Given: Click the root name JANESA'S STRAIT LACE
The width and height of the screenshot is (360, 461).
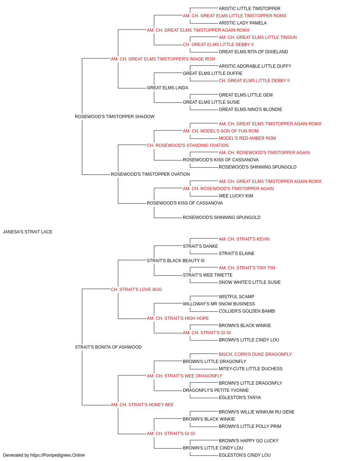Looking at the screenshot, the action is (x=28, y=232).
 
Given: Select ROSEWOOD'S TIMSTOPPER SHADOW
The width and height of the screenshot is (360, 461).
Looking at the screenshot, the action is (x=115, y=117).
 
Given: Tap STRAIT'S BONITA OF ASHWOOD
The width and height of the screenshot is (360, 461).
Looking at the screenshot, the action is (x=108, y=347).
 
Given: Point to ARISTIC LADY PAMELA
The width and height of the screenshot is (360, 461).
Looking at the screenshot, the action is (x=243, y=23).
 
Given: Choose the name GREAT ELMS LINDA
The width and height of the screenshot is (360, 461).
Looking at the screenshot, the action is (x=167, y=88).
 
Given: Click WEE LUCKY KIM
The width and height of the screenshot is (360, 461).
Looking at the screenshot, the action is (x=236, y=196).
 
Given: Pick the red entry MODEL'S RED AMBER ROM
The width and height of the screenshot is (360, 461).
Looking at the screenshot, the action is (x=247, y=138).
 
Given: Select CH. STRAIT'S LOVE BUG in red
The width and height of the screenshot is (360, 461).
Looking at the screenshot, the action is (x=136, y=290).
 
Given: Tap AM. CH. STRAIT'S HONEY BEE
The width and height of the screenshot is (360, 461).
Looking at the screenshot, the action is (x=142, y=405).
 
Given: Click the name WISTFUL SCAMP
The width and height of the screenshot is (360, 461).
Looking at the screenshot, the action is (x=237, y=297).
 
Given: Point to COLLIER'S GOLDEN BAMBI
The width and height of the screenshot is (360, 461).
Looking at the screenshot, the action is (x=247, y=311).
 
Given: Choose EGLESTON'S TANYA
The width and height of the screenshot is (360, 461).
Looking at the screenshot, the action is (x=240, y=398).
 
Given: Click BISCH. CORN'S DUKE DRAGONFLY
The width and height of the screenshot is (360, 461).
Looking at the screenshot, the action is (x=255, y=354).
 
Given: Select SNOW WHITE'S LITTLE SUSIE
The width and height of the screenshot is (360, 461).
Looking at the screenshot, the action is (x=250, y=282).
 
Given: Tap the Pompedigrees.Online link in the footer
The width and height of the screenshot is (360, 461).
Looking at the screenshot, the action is (x=57, y=455).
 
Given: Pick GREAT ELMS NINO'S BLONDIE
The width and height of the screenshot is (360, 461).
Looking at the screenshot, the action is (x=251, y=109).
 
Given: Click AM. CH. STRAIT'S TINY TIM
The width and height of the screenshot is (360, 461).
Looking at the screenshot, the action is (x=247, y=268).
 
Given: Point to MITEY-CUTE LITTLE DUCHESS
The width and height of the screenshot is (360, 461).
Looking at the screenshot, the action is (x=251, y=369).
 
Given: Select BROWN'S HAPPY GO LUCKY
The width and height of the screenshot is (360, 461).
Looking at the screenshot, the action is (x=248, y=441).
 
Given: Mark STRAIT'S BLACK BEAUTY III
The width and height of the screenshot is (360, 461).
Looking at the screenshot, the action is (x=176, y=261).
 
